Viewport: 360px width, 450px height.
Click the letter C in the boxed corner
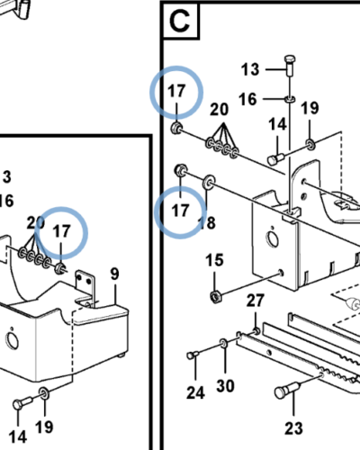tap(180, 21)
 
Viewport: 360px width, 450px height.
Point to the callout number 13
tap(250, 69)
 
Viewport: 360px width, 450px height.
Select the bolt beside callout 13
tap(290, 66)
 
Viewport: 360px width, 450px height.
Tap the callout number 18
tap(207, 223)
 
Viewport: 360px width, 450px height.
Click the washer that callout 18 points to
tap(209, 183)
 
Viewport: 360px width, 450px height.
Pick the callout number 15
tap(214, 260)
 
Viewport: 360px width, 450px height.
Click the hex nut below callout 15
tap(216, 296)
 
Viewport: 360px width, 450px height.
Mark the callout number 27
tap(256, 301)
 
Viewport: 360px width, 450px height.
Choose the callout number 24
tap(195, 392)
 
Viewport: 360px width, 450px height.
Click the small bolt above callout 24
tap(193, 355)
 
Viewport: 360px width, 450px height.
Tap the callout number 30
tap(225, 386)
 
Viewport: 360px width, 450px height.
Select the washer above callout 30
tap(223, 344)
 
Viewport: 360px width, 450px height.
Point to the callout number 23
tap(293, 428)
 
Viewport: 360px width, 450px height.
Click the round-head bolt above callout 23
tap(285, 391)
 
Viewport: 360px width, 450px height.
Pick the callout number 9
tap(114, 274)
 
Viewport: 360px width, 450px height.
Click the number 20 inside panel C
tap(219, 109)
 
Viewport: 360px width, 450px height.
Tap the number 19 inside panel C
tap(310, 108)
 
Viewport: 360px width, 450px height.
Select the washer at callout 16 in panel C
tap(290, 99)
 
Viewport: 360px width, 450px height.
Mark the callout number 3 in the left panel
tap(7, 177)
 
